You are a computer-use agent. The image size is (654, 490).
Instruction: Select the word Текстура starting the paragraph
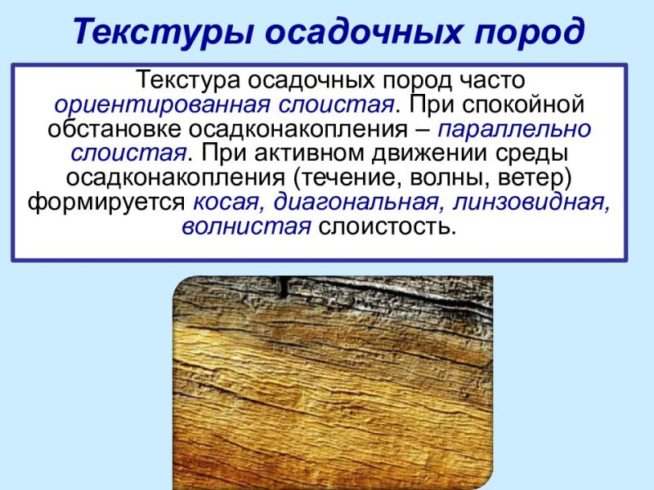[x=190, y=81]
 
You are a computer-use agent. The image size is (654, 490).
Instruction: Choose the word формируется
[x=107, y=203]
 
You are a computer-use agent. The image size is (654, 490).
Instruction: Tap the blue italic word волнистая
[x=246, y=226]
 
